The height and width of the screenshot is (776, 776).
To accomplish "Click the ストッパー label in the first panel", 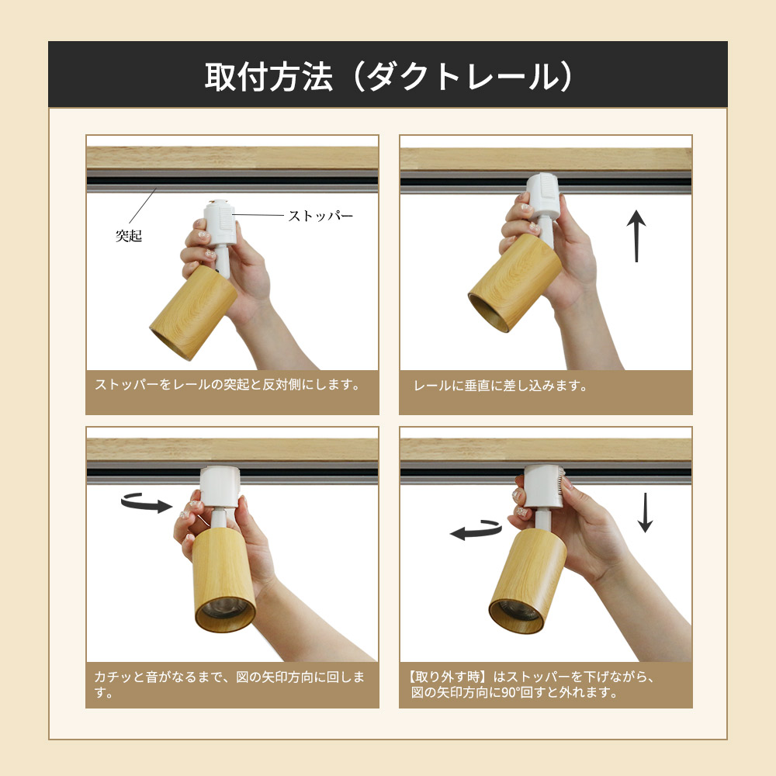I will [320, 216].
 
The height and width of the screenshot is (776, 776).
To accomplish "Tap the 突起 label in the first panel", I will [129, 236].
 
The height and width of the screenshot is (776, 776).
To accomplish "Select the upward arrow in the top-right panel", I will [636, 235].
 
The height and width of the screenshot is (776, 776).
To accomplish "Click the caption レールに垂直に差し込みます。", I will [501, 386].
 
